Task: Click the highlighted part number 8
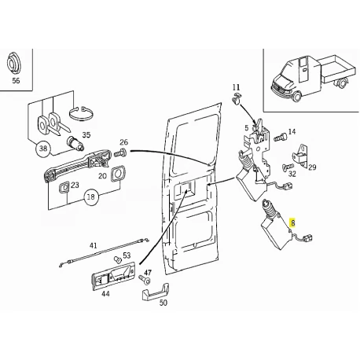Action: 292,223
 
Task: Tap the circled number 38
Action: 43,149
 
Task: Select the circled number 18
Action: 90,197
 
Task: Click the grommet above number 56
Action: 13,63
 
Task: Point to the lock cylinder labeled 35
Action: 75,143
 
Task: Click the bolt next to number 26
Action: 120,152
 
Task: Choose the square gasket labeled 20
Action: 118,174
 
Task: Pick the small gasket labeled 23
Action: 64,188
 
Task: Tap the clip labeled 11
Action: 237,97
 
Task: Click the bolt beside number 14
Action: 281,138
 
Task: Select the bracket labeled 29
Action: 300,156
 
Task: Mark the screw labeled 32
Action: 288,167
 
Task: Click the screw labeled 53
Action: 118,260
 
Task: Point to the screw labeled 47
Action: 144,280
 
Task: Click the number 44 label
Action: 105,294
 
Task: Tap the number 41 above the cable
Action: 93,246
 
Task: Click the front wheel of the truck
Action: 296,96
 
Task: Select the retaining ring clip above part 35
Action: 81,113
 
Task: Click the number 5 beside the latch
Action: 246,128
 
